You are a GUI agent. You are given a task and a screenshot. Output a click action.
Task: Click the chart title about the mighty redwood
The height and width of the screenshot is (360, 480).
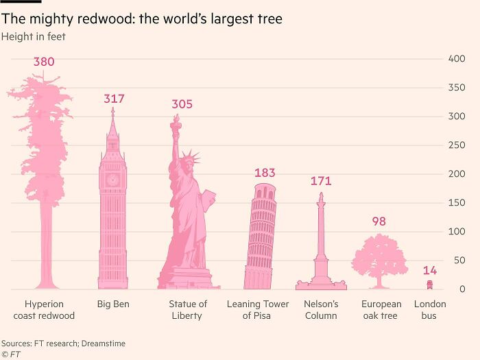click(142, 19)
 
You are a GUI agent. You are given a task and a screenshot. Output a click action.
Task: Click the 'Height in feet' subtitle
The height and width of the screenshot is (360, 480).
click(34, 36)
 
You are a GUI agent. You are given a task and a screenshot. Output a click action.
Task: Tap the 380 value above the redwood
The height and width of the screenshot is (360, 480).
click(44, 62)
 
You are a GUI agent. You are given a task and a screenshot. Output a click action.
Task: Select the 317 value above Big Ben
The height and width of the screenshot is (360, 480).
click(114, 99)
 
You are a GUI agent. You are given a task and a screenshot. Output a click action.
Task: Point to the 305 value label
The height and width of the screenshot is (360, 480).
click(182, 104)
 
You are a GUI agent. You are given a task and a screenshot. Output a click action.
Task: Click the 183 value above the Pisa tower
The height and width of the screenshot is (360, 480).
click(265, 173)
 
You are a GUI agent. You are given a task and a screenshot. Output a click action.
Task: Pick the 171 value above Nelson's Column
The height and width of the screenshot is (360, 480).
click(321, 181)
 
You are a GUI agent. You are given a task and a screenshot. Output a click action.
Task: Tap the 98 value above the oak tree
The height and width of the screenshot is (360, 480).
click(379, 221)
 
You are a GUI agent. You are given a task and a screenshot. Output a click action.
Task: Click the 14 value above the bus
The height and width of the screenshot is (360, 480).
click(430, 270)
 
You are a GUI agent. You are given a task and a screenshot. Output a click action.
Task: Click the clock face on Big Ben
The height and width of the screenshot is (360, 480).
click(113, 180)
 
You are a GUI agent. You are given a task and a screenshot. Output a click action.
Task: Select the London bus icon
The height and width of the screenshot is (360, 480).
click(430, 285)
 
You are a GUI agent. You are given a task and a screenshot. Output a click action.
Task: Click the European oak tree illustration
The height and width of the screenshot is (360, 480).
click(379, 260)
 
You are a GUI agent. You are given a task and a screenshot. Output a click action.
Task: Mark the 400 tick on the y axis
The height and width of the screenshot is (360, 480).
click(457, 59)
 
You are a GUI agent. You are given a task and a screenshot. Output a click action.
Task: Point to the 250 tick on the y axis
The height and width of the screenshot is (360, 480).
click(457, 145)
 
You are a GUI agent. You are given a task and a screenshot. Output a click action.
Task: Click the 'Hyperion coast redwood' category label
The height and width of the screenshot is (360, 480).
click(44, 310)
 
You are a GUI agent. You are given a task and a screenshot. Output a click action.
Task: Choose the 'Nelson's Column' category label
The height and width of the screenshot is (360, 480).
click(321, 310)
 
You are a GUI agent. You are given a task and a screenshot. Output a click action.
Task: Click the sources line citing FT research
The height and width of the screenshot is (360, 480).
click(63, 343)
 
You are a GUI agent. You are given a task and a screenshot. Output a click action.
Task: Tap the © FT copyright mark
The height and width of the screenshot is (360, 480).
click(12, 354)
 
